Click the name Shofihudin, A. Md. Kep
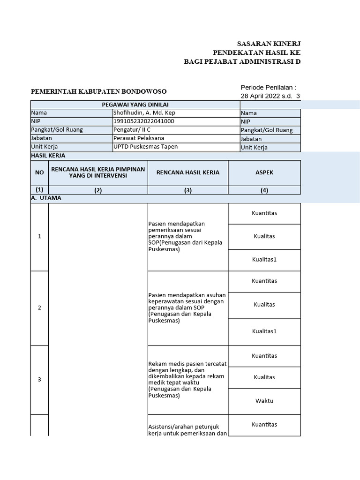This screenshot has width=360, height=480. [144, 113]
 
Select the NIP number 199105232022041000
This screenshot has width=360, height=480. [144, 121]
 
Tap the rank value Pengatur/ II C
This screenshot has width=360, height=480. [132, 130]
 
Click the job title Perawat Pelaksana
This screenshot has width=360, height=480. [139, 138]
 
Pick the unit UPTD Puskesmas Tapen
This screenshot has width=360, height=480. [145, 147]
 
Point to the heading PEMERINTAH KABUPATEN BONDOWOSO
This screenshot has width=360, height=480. [98, 91]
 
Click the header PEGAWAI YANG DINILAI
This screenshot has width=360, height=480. [135, 105]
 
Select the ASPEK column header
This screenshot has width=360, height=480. [264, 172]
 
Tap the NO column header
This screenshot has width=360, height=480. [39, 172]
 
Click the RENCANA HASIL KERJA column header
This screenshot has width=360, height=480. [187, 172]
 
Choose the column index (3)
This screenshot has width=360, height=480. [187, 190]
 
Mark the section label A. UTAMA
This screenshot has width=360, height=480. [46, 198]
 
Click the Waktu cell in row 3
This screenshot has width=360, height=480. [264, 401]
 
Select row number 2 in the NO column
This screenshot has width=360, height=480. [39, 308]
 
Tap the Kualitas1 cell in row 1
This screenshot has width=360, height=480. [264, 260]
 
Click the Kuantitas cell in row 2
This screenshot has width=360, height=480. [264, 281]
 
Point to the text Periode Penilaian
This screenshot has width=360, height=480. [268, 88]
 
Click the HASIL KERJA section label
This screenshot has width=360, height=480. [48, 156]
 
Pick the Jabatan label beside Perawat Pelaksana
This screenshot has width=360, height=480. [42, 138]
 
